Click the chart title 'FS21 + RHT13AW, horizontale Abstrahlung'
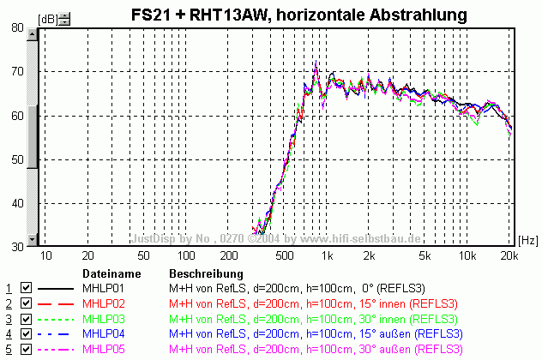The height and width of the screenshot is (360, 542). (x=298, y=14)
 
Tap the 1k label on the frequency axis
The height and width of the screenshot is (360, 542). (x=326, y=255)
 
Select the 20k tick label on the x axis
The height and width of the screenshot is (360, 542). (x=509, y=255)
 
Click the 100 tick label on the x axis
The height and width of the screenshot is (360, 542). (x=185, y=255)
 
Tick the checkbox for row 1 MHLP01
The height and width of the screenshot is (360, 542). (x=26, y=288)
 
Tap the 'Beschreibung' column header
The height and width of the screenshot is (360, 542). (x=198, y=273)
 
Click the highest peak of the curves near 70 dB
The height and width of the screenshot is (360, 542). (x=316, y=63)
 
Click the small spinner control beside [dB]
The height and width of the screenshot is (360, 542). (x=64, y=16)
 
